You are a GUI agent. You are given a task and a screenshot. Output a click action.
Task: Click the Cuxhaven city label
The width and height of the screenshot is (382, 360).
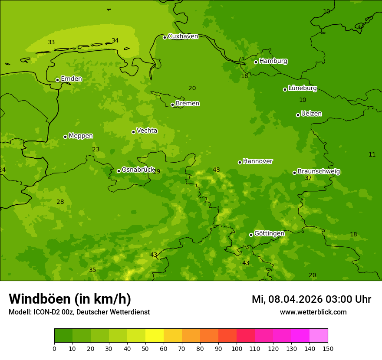tap(183, 36)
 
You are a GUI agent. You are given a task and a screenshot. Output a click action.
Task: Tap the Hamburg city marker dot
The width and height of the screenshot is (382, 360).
tap(256, 62)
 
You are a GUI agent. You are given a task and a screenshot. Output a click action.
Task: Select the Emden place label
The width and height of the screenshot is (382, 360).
tap(71, 79)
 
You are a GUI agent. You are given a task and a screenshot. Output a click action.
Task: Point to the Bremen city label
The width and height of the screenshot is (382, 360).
tap(188, 104)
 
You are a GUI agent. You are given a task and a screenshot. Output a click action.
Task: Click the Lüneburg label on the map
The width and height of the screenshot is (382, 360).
tap(303, 88)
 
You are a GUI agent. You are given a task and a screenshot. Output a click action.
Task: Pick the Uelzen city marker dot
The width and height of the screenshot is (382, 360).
tap(298, 115)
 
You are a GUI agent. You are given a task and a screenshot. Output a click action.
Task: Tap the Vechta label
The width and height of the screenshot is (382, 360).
tap(147, 131)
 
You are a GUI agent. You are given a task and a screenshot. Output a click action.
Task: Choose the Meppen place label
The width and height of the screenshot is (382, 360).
tap(81, 136)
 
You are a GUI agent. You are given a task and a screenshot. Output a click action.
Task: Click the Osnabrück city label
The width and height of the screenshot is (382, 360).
tap(138, 170)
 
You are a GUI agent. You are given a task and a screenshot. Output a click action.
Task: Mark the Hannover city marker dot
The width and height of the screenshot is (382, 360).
tap(240, 162)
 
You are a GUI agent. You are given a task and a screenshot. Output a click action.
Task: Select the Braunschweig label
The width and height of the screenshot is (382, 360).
tap(319, 172)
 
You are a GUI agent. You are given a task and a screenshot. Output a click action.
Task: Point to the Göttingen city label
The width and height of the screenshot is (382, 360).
tap(269, 234)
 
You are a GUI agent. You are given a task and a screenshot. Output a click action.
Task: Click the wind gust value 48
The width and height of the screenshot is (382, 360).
tap(216, 170)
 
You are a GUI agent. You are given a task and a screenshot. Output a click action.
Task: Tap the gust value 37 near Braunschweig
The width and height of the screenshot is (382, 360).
tap(308, 178)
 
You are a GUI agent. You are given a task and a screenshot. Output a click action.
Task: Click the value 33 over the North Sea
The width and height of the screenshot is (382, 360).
tap(51, 43)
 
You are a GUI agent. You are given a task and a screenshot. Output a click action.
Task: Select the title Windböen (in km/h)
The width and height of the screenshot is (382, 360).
tap(70, 299)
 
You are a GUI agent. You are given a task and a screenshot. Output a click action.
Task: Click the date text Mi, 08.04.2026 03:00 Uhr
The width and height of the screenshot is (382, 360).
tap(311, 300)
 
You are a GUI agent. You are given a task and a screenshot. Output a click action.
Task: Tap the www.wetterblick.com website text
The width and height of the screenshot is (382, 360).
tap(313, 312)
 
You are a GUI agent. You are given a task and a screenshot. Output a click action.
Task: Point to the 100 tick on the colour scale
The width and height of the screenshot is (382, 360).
tap(237, 348)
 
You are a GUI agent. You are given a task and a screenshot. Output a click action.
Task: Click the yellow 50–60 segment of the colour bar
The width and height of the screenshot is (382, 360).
tap(155, 336)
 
